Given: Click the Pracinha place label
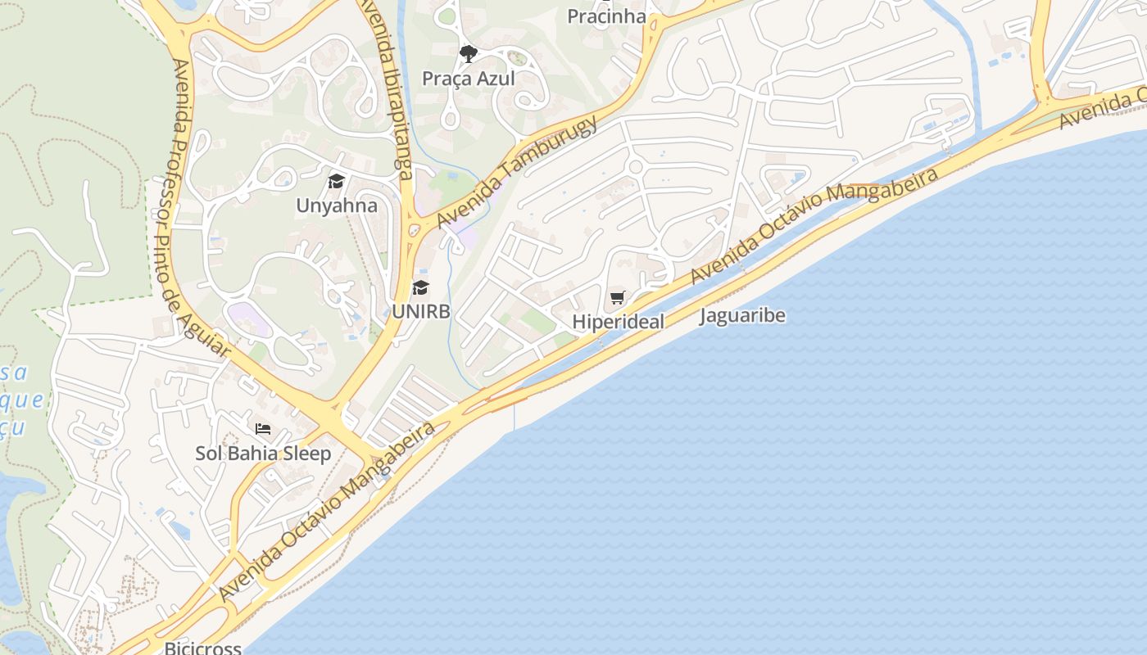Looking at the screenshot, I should (606, 16).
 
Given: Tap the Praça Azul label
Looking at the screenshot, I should (469, 79).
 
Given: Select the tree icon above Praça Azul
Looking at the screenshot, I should (468, 55).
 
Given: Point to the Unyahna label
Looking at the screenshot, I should (337, 205).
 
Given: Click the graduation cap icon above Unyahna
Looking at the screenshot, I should (336, 181).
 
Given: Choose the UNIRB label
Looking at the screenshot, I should (421, 311).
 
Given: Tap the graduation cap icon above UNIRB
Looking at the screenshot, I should (420, 287).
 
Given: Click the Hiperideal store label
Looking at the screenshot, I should (618, 322).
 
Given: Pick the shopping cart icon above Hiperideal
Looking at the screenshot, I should (617, 298).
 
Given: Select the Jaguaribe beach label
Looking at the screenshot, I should (742, 315).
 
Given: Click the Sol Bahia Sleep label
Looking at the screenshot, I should (263, 453).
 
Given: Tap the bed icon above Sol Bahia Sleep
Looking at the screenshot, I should (262, 429).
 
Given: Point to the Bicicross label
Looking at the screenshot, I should (203, 648).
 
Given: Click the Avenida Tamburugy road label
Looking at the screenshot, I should (517, 173).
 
